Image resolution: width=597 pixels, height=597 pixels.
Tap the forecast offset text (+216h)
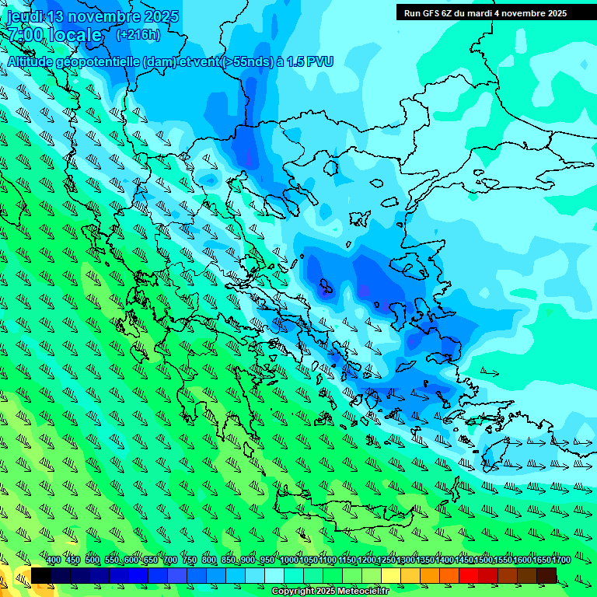point(138,34)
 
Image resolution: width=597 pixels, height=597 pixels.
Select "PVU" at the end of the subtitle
point(319,61)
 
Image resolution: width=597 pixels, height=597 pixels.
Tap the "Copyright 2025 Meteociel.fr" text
point(330,592)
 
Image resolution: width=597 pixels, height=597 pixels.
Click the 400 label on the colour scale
point(54,560)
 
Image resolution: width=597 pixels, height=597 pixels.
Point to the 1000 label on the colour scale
point(288,560)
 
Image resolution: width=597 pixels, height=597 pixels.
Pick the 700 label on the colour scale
point(170,560)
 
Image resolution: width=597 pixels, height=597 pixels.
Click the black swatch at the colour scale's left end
point(41,575)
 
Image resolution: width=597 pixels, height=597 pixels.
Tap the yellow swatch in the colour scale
point(391,575)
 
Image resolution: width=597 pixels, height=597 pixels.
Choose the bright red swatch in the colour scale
point(469,575)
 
